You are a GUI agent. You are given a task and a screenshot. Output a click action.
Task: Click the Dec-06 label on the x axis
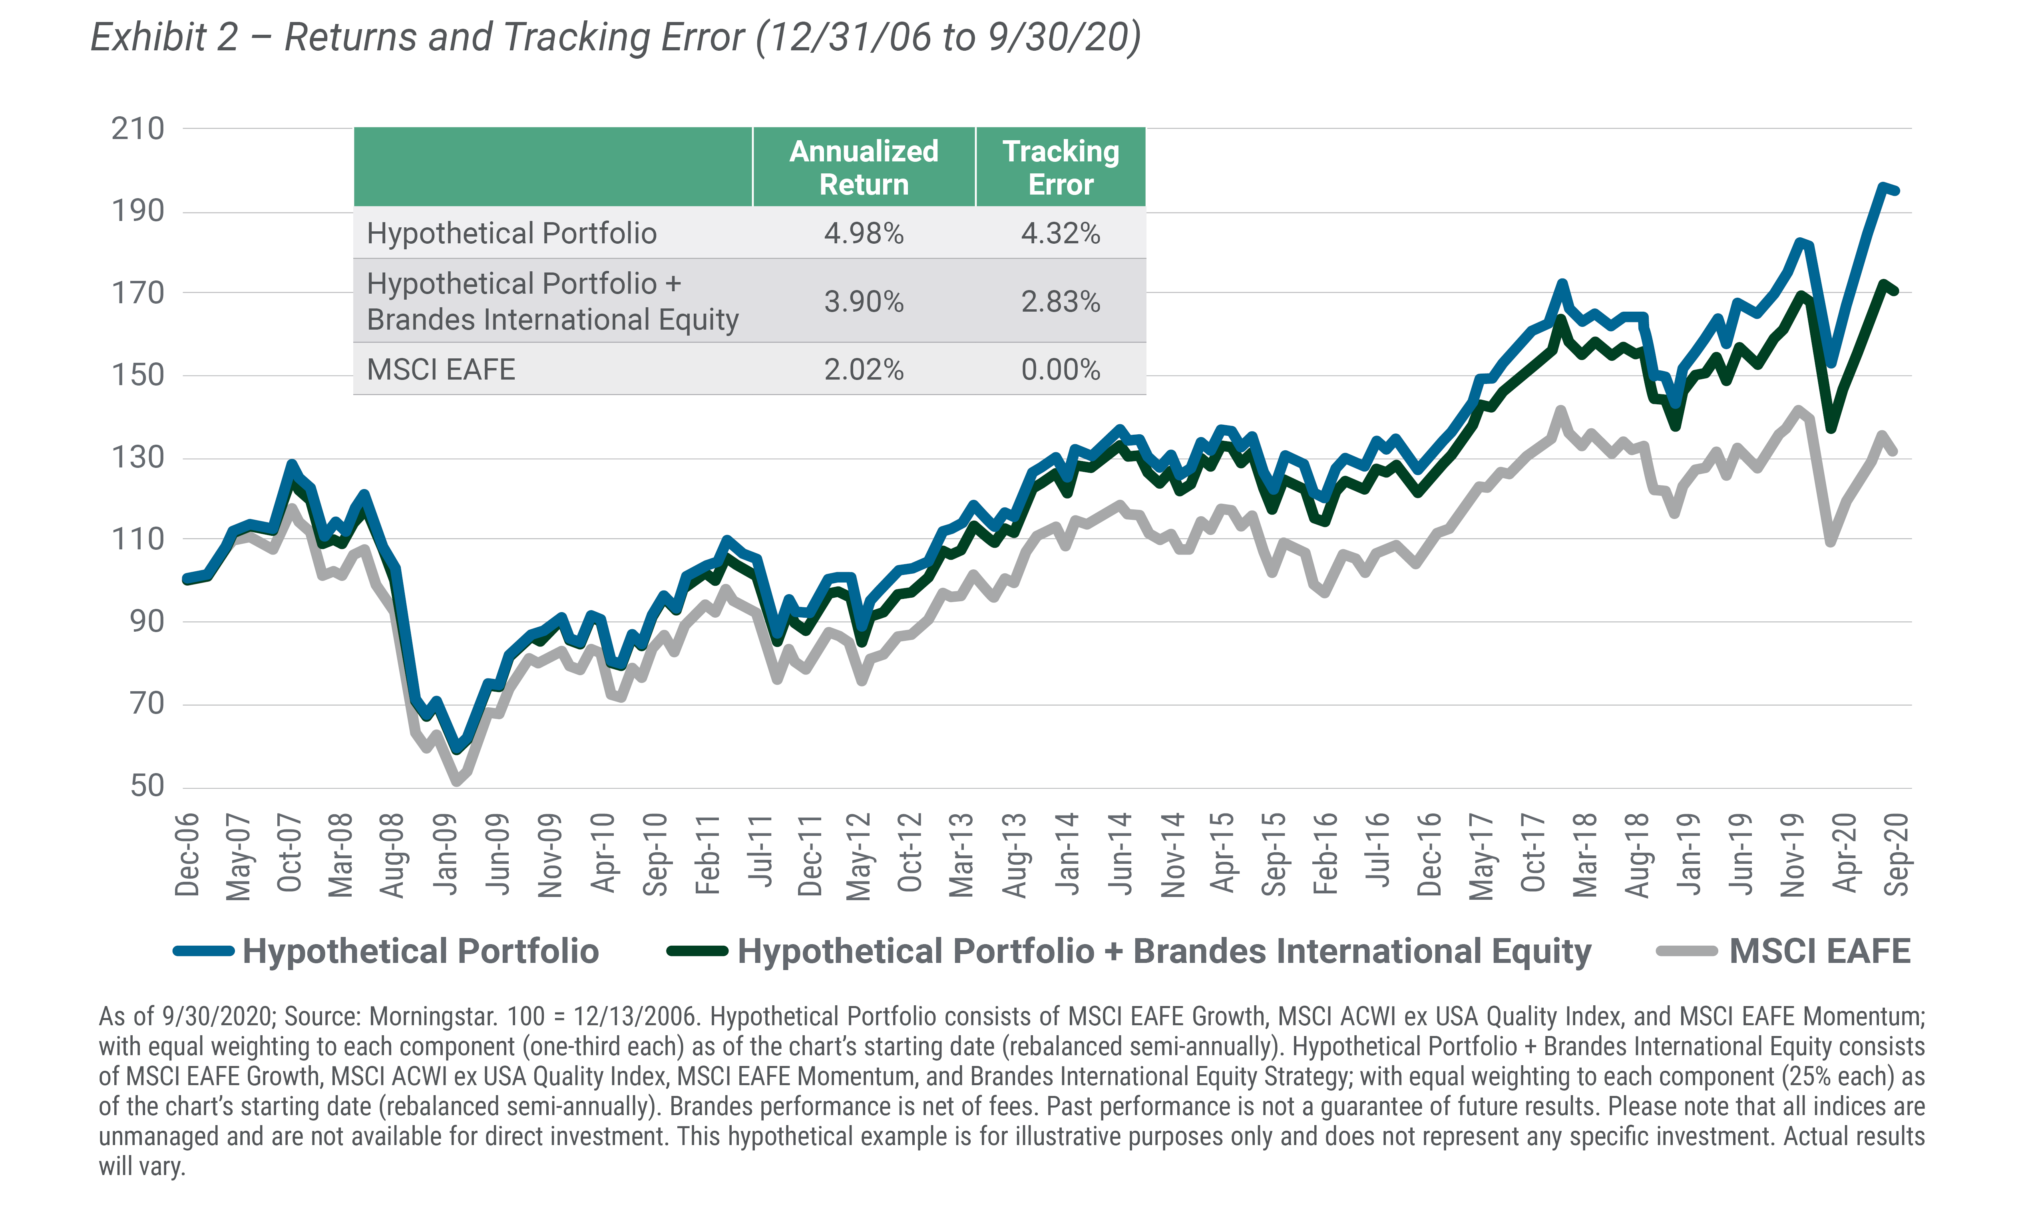[187, 854]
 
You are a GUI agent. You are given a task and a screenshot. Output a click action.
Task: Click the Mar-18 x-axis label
[1584, 854]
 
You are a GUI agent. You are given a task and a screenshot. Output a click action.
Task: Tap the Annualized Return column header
[863, 167]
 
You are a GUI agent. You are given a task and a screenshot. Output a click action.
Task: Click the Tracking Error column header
[1060, 167]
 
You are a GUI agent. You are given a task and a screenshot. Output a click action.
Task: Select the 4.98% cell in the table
[863, 234]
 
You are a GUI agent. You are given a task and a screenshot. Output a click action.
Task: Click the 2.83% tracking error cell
[1060, 302]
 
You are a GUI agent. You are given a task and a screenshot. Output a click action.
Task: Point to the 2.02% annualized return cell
[863, 370]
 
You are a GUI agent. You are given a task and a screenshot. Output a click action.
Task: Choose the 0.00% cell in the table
[1060, 370]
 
